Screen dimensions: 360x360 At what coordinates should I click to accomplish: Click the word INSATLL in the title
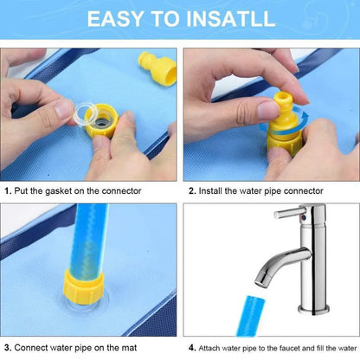pyautogui.click(x=230, y=19)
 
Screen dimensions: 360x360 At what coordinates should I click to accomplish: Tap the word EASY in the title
pyautogui.click(x=115, y=19)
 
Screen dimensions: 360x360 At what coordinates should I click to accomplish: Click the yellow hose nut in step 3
pyautogui.click(x=84, y=286)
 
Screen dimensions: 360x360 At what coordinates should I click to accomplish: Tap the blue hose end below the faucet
pyautogui.click(x=250, y=316)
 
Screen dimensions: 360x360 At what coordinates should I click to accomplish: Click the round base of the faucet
pyautogui.click(x=313, y=310)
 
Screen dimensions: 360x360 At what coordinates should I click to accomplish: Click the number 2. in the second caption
pyautogui.click(x=192, y=191)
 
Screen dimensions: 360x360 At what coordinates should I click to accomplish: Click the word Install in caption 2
pyautogui.click(x=210, y=191)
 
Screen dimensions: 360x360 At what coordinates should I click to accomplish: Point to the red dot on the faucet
pyautogui.click(x=302, y=217)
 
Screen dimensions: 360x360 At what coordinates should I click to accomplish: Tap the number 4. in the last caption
pyautogui.click(x=192, y=348)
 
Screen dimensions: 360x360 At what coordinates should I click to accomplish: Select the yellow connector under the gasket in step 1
pyautogui.click(x=101, y=121)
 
